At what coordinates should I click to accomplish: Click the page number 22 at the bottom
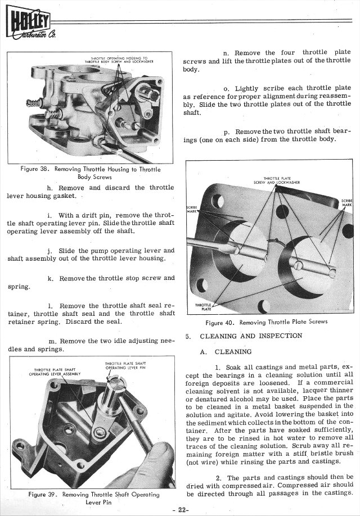pyautogui.click(x=181, y=509)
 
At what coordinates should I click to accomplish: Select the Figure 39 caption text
pyautogui.click(x=93, y=498)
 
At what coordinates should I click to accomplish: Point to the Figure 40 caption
pyautogui.click(x=267, y=323)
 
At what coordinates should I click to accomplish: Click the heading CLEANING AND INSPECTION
pyautogui.click(x=251, y=336)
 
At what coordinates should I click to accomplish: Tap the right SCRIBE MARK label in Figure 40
pyautogui.click(x=347, y=203)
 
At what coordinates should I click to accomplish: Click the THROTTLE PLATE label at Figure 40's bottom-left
pyautogui.click(x=202, y=307)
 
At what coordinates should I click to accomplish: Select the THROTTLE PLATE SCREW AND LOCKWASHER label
pyautogui.click(x=276, y=181)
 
